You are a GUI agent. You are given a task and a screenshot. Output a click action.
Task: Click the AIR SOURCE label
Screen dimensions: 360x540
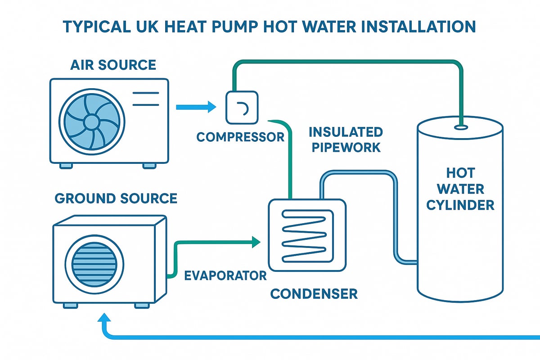pyautogui.click(x=113, y=65)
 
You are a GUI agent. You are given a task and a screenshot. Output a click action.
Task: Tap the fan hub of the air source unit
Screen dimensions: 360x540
pyautogui.click(x=91, y=121)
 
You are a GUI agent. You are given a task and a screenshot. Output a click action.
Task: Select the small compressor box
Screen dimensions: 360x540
pyautogui.click(x=243, y=107)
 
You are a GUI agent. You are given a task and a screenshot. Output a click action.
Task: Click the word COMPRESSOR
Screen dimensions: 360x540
pyautogui.click(x=241, y=136)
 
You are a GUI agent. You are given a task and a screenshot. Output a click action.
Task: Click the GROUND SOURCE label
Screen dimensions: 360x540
pyautogui.click(x=116, y=198)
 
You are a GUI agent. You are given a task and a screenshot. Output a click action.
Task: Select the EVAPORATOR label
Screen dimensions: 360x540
pyautogui.click(x=225, y=275)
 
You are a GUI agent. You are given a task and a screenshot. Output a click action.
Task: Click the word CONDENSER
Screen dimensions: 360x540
pyautogui.click(x=314, y=294)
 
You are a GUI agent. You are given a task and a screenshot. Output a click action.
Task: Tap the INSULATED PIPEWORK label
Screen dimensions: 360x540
pyautogui.click(x=346, y=139)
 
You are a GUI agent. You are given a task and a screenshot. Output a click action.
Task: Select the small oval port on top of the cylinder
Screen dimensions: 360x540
pyautogui.click(x=460, y=127)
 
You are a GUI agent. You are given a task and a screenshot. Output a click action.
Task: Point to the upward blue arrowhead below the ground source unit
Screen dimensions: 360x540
pyautogui.click(x=105, y=319)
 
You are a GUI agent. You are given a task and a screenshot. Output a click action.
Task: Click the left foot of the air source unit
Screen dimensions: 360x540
pyautogui.click(x=66, y=166)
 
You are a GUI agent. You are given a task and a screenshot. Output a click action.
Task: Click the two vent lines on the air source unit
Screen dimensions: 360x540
pyautogui.click(x=145, y=99)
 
